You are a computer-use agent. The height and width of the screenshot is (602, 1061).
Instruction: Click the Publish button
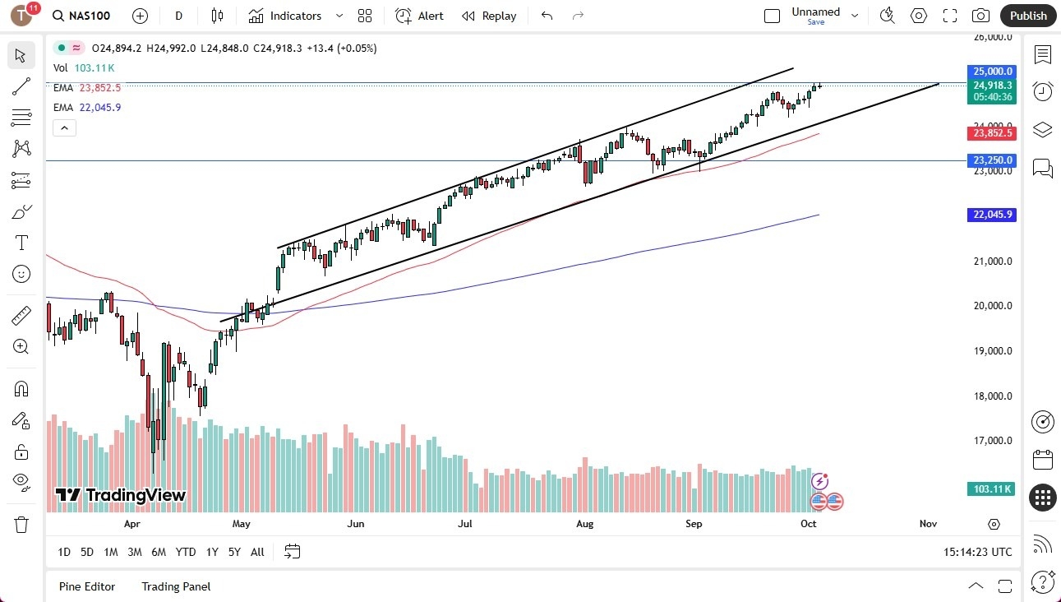[x=1027, y=16]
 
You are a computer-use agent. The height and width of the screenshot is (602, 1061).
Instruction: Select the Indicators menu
[x=285, y=16]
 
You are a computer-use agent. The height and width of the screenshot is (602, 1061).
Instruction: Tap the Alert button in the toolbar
[x=419, y=16]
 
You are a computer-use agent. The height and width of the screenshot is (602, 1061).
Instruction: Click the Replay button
[x=489, y=16]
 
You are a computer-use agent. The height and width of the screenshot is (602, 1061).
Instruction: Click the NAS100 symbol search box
[x=81, y=16]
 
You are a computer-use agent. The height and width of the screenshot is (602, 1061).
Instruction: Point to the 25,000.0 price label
[x=993, y=72]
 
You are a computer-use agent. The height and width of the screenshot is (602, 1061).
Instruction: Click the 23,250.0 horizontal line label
[x=993, y=160]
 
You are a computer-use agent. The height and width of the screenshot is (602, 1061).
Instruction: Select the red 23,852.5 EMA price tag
[x=993, y=133]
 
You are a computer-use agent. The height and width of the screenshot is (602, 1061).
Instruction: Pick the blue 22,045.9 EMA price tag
[x=993, y=215]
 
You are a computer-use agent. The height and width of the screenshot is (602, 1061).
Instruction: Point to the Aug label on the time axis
[x=584, y=524]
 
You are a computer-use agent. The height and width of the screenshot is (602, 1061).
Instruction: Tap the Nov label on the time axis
[x=928, y=524]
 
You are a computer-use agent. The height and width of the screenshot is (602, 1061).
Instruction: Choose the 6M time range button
[x=159, y=552]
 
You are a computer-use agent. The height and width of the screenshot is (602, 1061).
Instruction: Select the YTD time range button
[x=186, y=552]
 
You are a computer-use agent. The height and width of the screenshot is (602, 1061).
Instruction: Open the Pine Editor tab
[x=87, y=586]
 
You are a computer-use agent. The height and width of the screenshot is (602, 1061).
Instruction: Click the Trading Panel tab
[x=176, y=586]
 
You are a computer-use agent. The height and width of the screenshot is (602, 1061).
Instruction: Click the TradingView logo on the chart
[x=121, y=495]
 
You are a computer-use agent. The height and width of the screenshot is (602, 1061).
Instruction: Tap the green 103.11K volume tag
[x=993, y=489]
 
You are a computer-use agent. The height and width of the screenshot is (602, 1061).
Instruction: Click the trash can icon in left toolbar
[x=21, y=524]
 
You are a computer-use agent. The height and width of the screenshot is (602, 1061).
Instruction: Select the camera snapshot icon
[x=980, y=16]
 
